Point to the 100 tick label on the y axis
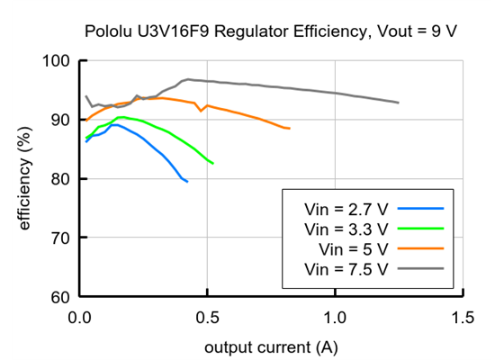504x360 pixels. click(55, 61)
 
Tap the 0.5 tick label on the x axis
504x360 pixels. click(208, 317)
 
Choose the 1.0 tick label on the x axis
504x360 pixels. click(336, 317)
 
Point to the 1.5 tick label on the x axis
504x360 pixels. click(463, 317)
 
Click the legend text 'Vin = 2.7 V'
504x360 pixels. click(346, 209)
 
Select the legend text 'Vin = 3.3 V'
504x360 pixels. click(346, 229)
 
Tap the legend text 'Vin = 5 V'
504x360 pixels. click(354, 248)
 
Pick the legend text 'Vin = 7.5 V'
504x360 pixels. click(346, 268)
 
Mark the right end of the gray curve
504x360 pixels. click(399, 103)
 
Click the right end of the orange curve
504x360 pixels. click(289, 129)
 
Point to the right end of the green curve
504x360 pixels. click(212, 163)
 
